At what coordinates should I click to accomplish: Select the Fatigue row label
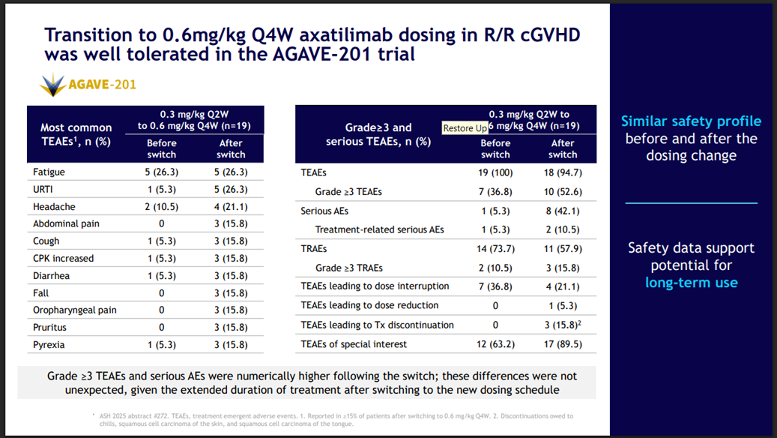click(x=49, y=172)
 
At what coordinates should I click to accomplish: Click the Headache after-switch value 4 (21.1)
click(x=231, y=206)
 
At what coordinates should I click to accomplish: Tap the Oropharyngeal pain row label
click(x=74, y=310)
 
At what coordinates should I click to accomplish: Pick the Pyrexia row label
click(x=49, y=344)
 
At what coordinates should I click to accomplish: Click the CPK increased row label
click(x=64, y=258)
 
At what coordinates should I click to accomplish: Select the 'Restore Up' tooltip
click(x=465, y=128)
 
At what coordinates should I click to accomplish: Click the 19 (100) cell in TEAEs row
click(x=495, y=172)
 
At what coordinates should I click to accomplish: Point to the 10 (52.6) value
click(x=563, y=191)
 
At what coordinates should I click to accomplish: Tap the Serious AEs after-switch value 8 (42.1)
click(x=563, y=211)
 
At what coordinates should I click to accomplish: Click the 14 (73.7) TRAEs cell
click(x=495, y=248)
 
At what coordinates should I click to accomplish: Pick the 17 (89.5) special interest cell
click(x=563, y=344)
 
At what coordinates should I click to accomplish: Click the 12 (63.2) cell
click(x=495, y=344)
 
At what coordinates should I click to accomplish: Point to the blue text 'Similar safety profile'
click(x=691, y=121)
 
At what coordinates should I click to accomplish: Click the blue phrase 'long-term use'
click(x=691, y=283)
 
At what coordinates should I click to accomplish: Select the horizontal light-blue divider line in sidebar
click(x=691, y=202)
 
